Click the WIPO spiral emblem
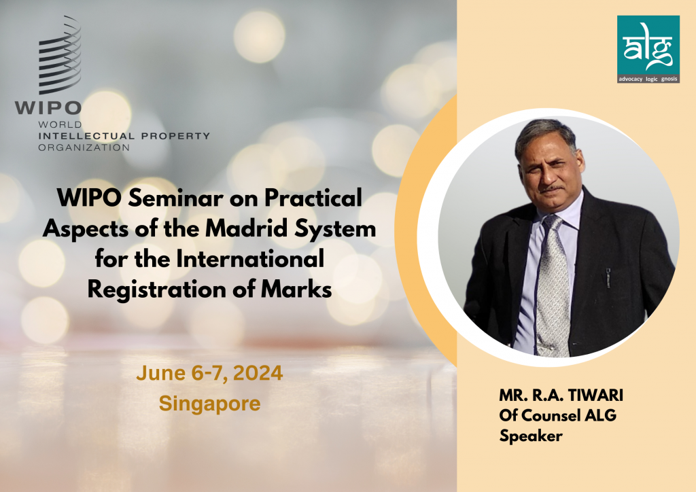60,56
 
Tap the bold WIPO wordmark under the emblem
48,108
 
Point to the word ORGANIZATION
84,147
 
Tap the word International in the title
250,259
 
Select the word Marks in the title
296,289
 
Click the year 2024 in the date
258,373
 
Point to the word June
161,373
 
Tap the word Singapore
209,404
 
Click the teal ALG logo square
648,49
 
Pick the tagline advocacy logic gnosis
648,79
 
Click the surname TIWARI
595,395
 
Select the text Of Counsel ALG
557,415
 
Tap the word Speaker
531,436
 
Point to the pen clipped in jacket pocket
608,278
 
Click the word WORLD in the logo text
60,124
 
